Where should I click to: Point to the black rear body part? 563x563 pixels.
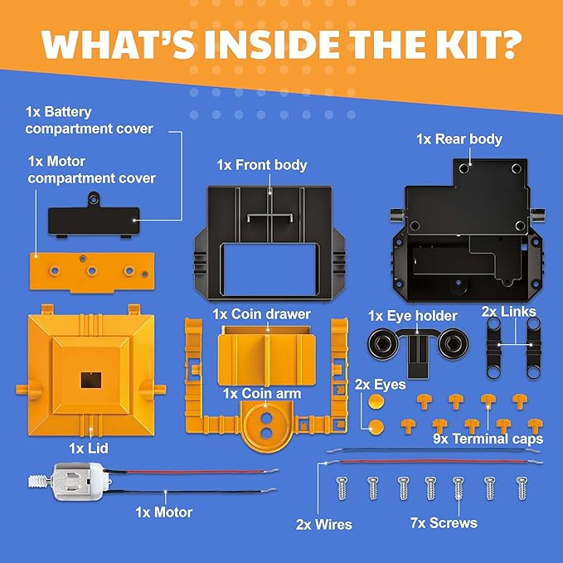(464, 240)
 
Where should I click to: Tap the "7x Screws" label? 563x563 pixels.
(445, 523)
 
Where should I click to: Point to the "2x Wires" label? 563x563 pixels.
(324, 524)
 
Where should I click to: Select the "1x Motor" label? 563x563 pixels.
(163, 512)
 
